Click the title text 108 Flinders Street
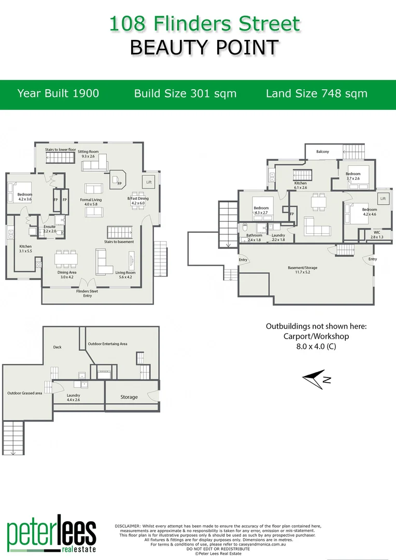point(204,24)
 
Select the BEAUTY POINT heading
point(204,47)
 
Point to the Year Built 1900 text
point(58,93)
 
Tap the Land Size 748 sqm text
point(316,93)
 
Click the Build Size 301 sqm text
point(185,93)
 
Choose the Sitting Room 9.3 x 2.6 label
point(88,153)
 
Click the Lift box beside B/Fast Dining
point(149,182)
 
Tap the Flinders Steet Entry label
point(87,293)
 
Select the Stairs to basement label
point(119,242)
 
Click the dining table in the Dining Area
point(66,258)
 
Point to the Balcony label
point(323,151)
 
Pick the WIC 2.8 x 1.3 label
point(376,234)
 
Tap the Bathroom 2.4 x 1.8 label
point(254,237)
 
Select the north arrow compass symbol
point(314,379)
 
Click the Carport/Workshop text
point(316,336)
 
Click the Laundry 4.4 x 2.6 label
point(73,397)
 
